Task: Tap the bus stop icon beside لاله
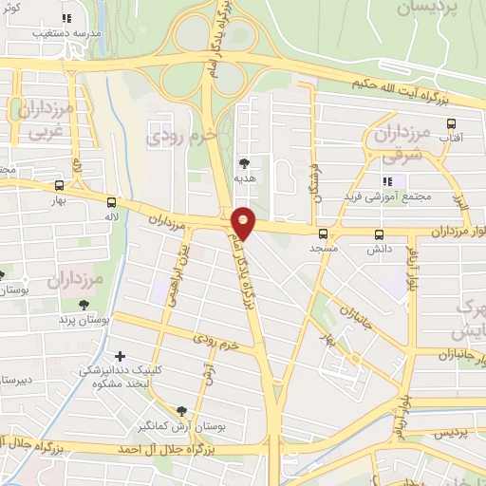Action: (x=112, y=202)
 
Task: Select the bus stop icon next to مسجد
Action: (x=323, y=234)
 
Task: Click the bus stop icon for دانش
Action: (x=380, y=234)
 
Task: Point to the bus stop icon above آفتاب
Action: (x=452, y=123)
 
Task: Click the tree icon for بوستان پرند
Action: (x=85, y=305)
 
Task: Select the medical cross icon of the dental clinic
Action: (x=119, y=356)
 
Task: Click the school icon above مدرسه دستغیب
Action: (x=66, y=18)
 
